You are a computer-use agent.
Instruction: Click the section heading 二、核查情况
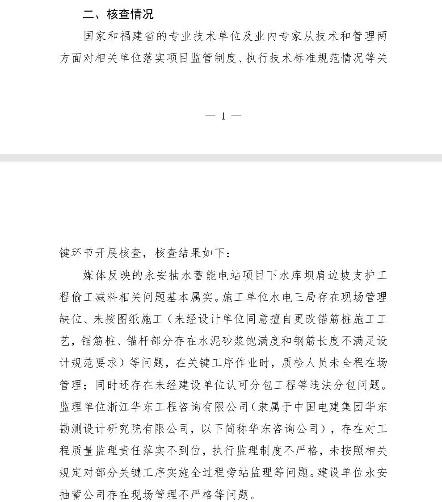118,15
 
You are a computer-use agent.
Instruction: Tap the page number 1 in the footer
223,116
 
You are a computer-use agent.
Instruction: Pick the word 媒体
94,275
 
